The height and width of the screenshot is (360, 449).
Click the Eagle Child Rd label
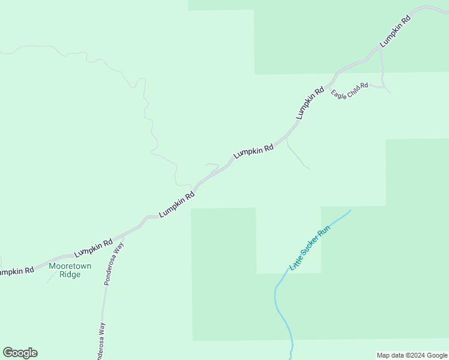coord(349,91)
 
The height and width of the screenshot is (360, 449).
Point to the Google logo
coord(20,353)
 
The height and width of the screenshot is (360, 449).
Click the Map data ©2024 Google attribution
coord(412,355)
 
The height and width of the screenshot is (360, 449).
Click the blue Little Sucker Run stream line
coord(277,306)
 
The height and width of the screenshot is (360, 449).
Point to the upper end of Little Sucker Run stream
coord(349,211)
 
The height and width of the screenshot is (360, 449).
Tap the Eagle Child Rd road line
coord(378,86)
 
